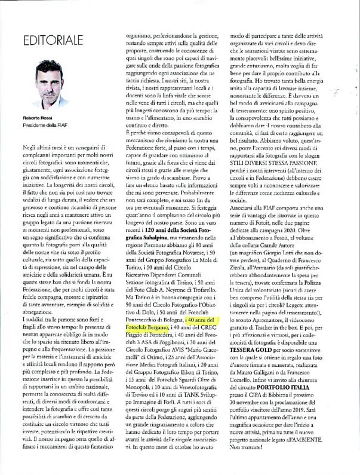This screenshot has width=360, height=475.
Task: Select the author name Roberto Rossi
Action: pos(30,118)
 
